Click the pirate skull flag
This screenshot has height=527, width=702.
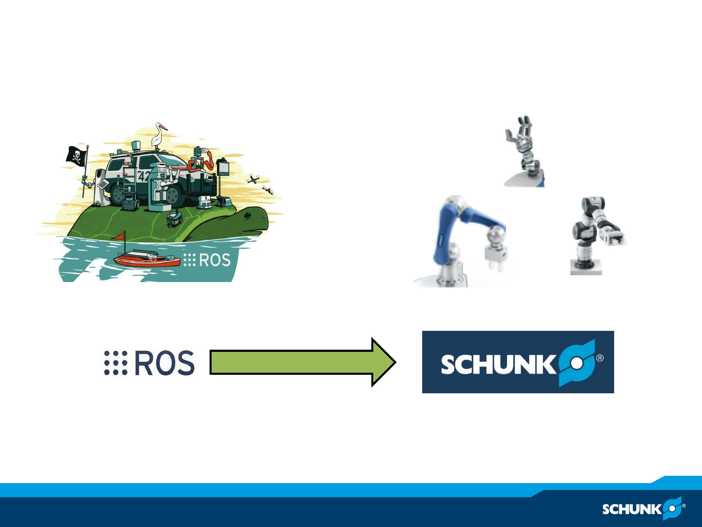[x=77, y=156]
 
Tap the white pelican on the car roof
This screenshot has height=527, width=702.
[x=158, y=135]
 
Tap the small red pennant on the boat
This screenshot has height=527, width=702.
[x=119, y=236]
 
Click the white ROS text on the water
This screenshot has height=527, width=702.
[x=214, y=260]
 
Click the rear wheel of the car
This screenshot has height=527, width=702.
[x=118, y=194]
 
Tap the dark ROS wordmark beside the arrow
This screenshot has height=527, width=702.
[x=164, y=363]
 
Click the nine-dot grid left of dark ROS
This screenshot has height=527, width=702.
[x=116, y=363]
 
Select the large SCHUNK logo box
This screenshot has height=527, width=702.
[x=518, y=362]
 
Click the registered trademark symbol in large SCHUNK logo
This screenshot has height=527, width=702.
[x=600, y=358]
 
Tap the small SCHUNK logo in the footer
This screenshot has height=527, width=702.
[x=643, y=509]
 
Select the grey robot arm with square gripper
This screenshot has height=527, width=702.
[x=595, y=234]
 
